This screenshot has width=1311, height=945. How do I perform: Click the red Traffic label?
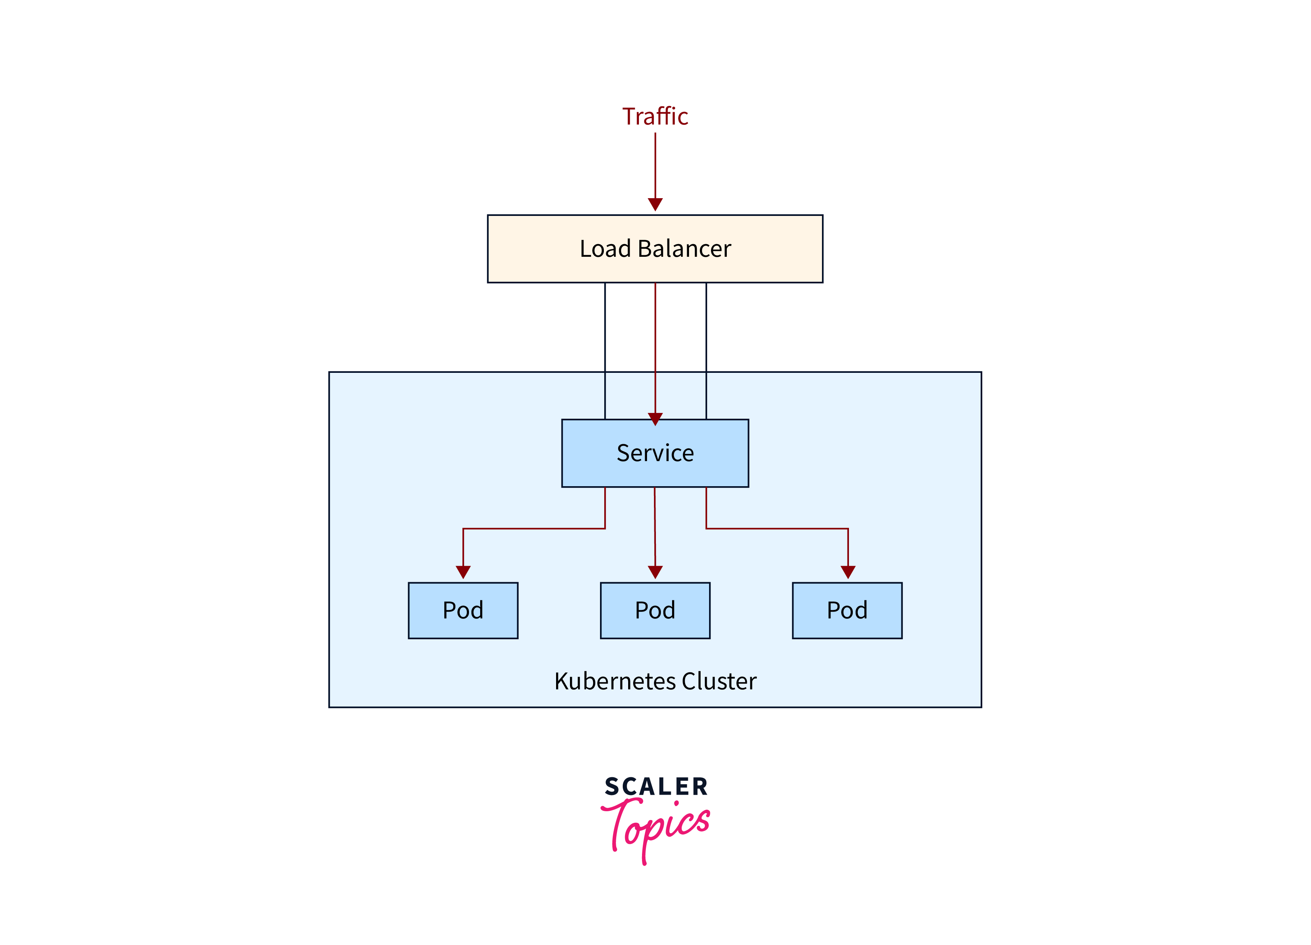[x=655, y=116]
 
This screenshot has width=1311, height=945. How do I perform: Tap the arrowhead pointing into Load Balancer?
[x=655, y=204]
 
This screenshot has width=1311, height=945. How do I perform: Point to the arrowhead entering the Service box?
[x=655, y=419]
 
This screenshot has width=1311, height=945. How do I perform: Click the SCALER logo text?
[x=656, y=787]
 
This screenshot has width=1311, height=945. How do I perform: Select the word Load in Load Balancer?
[x=605, y=249]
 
